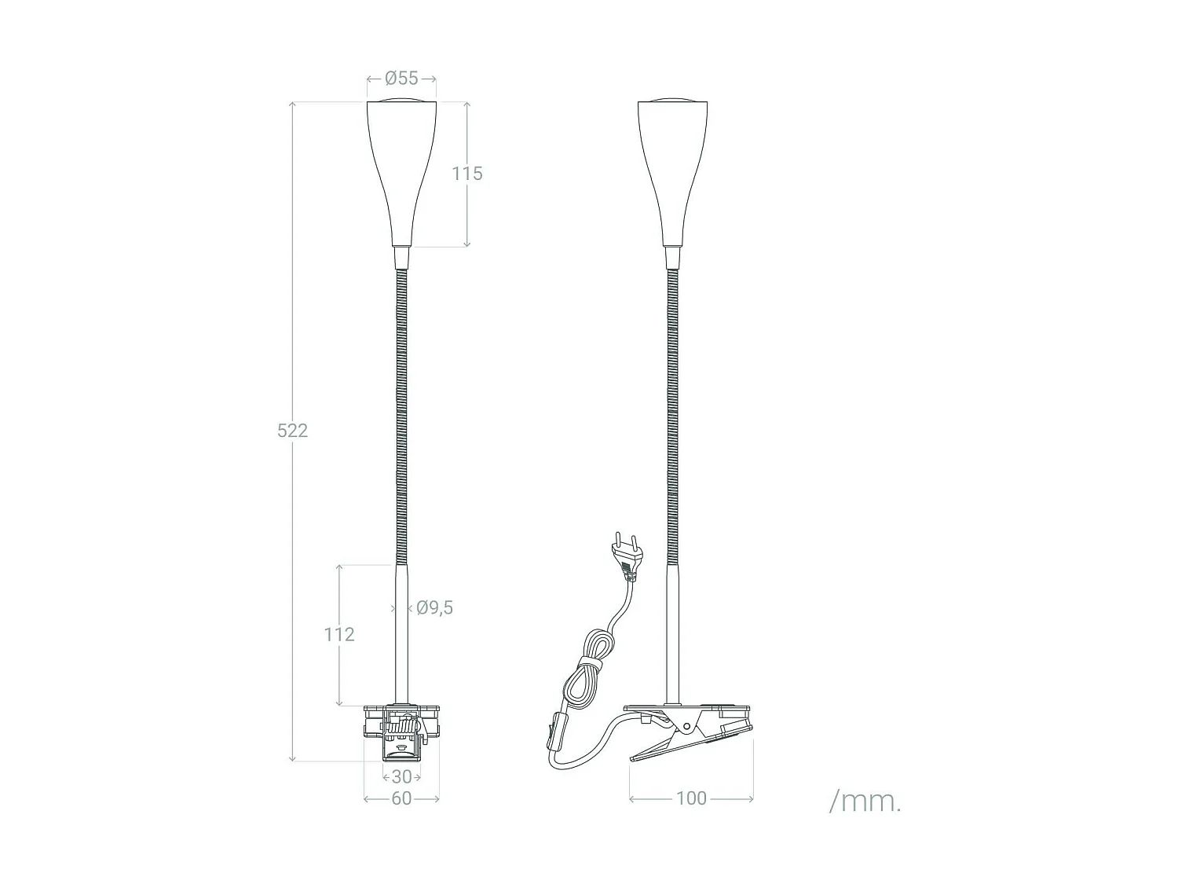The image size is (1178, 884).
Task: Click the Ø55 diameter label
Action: point(401,79)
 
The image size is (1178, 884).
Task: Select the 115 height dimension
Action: point(466,174)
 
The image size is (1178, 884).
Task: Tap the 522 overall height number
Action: point(292,430)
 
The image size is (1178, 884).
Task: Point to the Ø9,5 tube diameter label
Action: point(434,607)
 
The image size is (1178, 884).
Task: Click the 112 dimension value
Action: point(339,634)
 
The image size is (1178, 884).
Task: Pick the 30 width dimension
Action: point(401,777)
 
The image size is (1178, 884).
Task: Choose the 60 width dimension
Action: point(401,798)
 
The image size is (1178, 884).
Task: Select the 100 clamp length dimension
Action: point(691,798)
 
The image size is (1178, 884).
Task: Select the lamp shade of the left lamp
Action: point(401,169)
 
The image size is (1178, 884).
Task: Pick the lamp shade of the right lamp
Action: point(672,169)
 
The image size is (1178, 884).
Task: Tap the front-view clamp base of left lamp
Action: point(401,731)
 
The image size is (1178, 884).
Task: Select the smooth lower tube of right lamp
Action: point(672,636)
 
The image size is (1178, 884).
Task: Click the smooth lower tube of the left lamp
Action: point(401,636)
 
